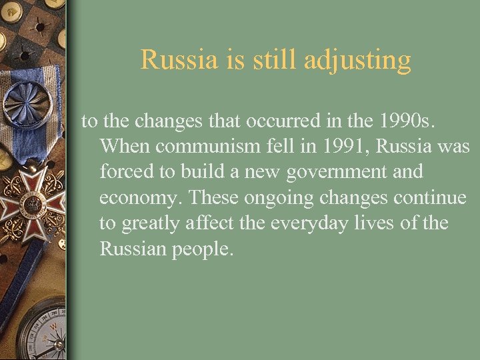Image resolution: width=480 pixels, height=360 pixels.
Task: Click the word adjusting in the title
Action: click(357, 61)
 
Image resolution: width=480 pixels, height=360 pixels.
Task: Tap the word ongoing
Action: click(283, 197)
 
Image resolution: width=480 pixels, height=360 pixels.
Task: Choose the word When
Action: click(124, 146)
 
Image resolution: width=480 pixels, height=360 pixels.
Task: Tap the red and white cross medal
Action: click(33, 203)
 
